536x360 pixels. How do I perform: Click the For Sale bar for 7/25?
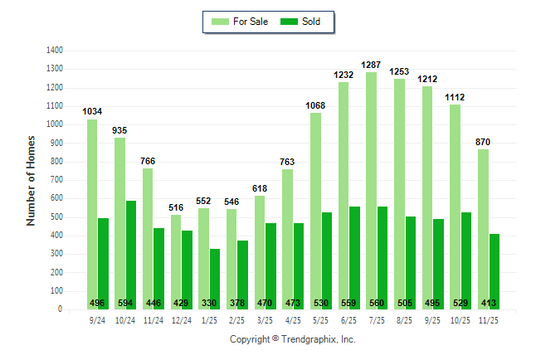pyautogui.click(x=371, y=191)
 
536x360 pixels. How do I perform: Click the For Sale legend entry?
pyautogui.click(x=233, y=22)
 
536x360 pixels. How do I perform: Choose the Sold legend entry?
pyautogui.click(x=300, y=22)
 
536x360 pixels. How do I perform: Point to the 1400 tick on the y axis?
pyautogui.click(x=55, y=51)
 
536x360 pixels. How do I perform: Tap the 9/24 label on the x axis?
pyautogui.click(x=98, y=319)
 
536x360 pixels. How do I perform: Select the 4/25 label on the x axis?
pyautogui.click(x=293, y=319)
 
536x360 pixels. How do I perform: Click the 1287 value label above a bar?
pyautogui.click(x=371, y=64)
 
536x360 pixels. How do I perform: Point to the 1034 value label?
pyautogui.click(x=92, y=111)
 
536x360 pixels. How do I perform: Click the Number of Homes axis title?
pyautogui.click(x=32, y=180)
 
